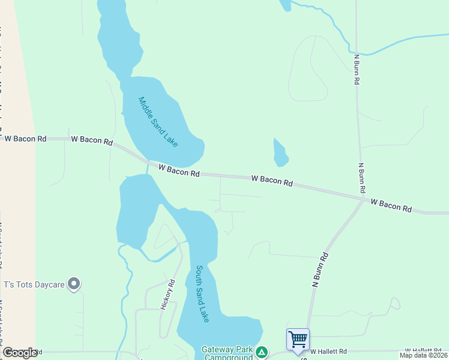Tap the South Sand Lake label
[x=202, y=294]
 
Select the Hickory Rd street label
[x=167, y=295]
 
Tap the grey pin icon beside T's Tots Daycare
[x=74, y=283]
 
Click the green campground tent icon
[x=261, y=352]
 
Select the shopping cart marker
[x=298, y=339]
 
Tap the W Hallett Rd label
[x=427, y=350]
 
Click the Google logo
[x=20, y=353]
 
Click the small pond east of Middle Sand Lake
[x=280, y=153]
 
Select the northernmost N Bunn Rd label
[x=357, y=68]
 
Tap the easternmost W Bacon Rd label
[x=391, y=206]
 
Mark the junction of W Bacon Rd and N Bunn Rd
[x=363, y=199]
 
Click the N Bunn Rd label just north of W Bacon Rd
[x=362, y=177]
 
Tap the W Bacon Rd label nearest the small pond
[x=272, y=181]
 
